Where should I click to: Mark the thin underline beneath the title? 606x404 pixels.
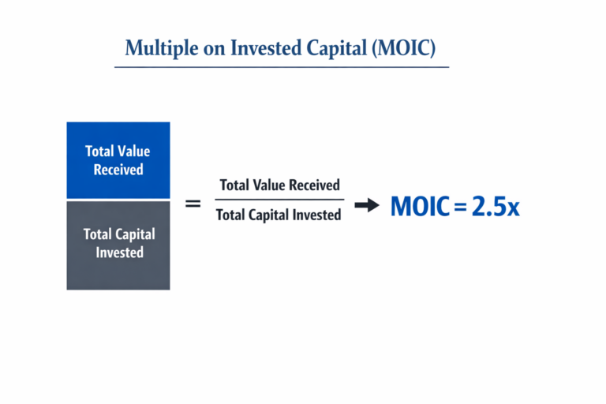tap(282, 67)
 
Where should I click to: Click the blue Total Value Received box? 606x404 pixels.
tap(118, 160)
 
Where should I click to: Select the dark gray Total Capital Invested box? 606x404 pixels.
tap(118, 245)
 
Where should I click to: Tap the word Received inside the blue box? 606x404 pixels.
tap(118, 170)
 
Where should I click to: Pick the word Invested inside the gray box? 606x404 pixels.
tap(120, 253)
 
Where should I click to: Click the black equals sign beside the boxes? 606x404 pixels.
tap(193, 204)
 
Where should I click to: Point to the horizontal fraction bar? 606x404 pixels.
tap(279, 200)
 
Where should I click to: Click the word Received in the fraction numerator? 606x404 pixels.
tap(315, 185)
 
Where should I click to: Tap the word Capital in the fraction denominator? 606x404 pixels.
tap(272, 215)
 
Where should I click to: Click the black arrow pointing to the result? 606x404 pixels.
tap(367, 206)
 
